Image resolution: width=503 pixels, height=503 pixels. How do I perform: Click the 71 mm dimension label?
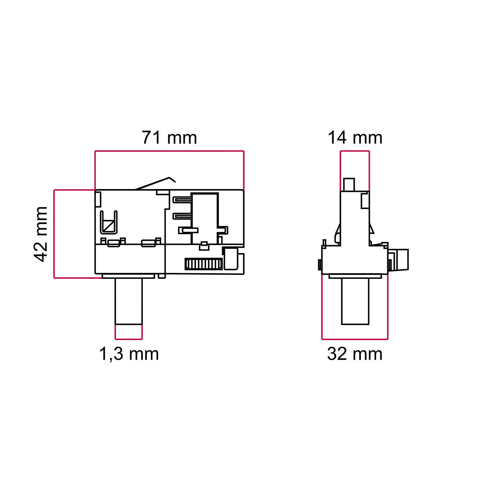(x=169, y=138)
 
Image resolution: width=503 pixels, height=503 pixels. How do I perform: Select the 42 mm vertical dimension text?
(x=41, y=234)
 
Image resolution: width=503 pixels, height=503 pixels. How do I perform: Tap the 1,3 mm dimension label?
(x=129, y=354)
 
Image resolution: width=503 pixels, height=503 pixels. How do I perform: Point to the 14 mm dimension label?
(x=355, y=138)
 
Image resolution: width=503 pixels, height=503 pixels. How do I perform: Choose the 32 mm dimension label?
(x=355, y=354)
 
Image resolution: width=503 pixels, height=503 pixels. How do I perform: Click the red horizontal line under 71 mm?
(x=169, y=151)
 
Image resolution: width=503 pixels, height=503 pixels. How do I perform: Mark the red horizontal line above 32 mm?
(x=355, y=339)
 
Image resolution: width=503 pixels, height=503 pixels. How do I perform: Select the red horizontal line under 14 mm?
(x=355, y=151)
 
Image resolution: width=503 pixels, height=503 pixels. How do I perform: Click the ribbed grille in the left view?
(x=203, y=264)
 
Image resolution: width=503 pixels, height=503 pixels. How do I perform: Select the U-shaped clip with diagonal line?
(x=109, y=222)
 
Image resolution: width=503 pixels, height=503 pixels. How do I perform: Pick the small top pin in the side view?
(x=349, y=184)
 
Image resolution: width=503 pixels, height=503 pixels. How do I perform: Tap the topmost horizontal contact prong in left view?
(x=182, y=200)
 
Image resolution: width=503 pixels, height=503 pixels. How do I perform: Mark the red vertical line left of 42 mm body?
(x=54, y=234)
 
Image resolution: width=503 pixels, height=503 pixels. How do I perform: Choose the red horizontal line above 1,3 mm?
(x=128, y=339)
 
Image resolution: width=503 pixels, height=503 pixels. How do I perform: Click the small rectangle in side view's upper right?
(x=365, y=200)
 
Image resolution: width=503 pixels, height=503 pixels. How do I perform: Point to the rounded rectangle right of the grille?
(x=230, y=258)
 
